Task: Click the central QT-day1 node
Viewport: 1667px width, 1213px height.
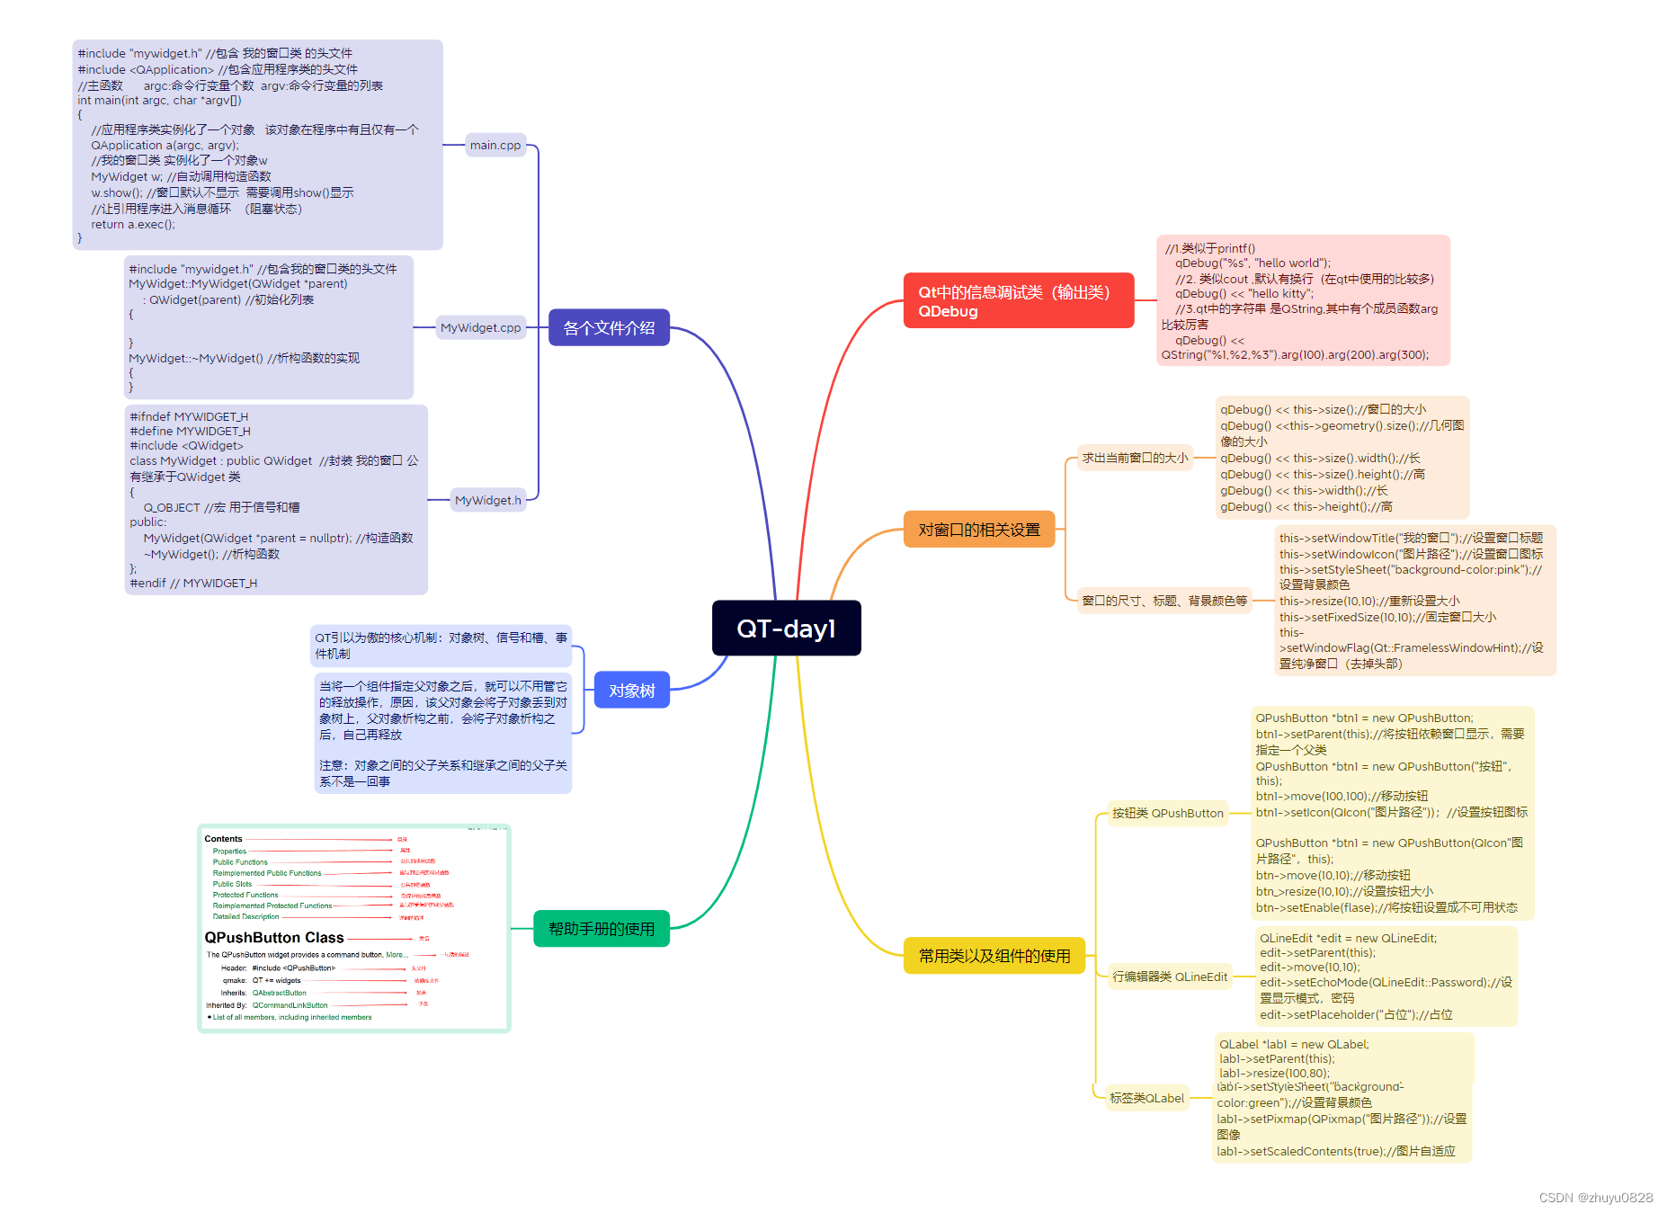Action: point(786,628)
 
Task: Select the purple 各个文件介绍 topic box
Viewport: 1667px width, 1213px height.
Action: point(609,328)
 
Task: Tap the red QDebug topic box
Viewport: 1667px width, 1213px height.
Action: point(1018,301)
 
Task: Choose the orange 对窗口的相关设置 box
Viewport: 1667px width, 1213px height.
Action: point(978,530)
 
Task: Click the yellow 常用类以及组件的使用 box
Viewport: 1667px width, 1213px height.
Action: point(994,956)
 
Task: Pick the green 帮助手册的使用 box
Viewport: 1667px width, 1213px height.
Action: point(602,929)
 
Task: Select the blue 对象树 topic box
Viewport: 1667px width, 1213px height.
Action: point(631,691)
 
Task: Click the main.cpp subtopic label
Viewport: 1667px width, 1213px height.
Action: point(495,145)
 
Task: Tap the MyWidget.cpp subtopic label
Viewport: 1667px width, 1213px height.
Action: point(480,328)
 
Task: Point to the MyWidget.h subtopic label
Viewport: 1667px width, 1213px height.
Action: point(487,500)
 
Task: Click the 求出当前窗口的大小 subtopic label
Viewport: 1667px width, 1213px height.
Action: point(1135,458)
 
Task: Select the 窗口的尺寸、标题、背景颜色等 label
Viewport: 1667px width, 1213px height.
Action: point(1164,601)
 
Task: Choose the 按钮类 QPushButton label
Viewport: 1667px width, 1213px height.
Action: point(1167,813)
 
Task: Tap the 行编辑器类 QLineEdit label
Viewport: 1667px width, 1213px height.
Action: point(1169,977)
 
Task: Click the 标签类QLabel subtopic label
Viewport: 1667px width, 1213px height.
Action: point(1146,1098)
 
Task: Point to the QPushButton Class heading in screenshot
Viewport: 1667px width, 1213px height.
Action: point(274,937)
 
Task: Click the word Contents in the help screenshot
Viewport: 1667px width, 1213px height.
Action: point(223,839)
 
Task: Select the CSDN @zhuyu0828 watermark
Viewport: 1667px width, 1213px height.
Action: point(1595,1198)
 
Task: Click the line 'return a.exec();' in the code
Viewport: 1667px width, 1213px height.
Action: point(133,225)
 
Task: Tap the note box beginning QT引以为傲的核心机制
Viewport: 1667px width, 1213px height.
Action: point(441,646)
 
